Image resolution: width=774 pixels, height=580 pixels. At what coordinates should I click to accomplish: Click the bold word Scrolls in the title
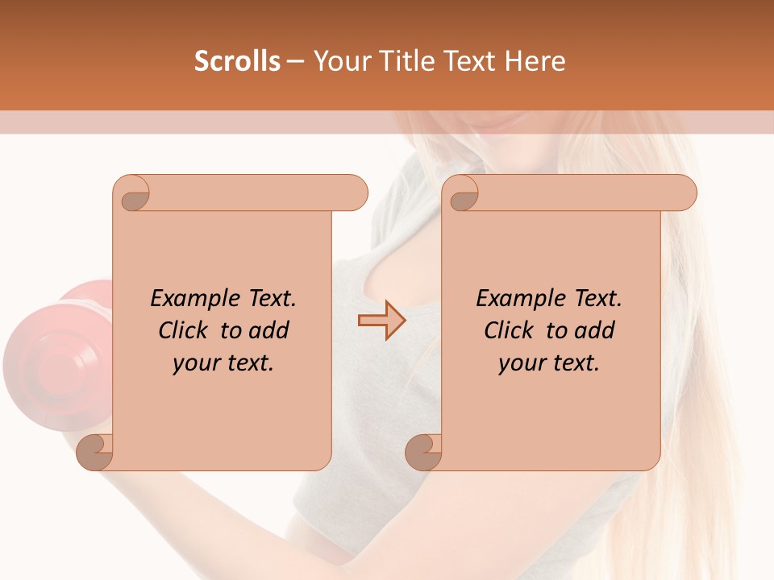pos(237,61)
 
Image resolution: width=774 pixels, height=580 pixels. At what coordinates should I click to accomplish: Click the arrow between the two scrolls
pos(381,321)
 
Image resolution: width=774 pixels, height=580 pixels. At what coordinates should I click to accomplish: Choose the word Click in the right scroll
pos(508,330)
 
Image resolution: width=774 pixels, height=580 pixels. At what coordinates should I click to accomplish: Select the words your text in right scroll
pos(549,363)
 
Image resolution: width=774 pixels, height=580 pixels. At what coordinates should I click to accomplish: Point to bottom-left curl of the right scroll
pos(424,452)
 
